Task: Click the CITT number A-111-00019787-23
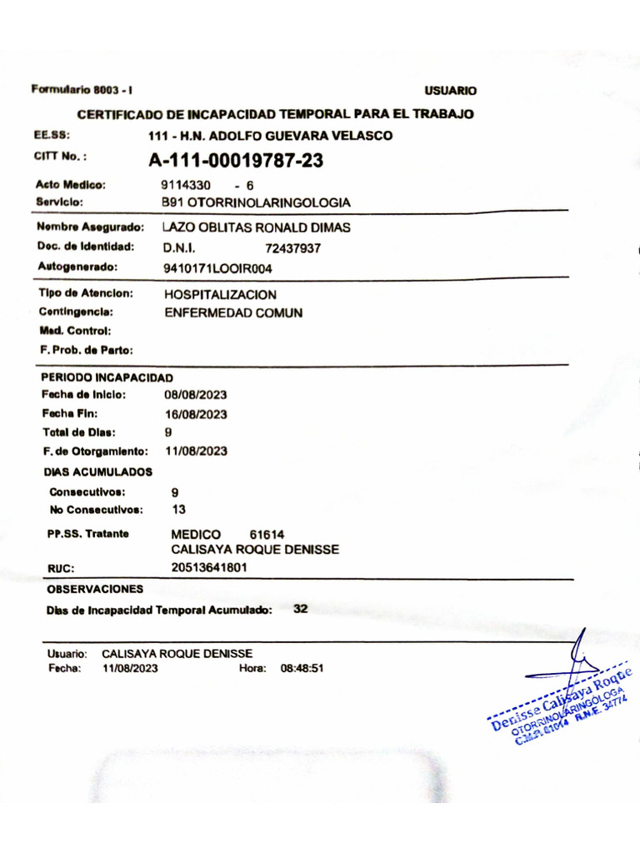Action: pos(236,161)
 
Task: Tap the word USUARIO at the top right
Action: pos(450,91)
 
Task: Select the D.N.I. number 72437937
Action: pos(292,248)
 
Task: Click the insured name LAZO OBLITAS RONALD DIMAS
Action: pos(256,227)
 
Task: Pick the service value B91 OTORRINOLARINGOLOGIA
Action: pos(255,202)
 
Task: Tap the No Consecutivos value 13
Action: pos(178,509)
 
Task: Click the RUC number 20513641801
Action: pos(208,567)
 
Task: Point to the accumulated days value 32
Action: pos(301,609)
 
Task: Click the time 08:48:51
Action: pos(302,667)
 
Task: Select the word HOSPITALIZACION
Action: pos(220,295)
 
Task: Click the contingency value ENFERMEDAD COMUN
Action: pos(233,313)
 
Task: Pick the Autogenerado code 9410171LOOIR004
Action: pos(217,268)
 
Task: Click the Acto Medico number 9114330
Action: pos(186,185)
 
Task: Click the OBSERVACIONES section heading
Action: pos(95,589)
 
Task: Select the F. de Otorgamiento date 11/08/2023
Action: pos(196,451)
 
